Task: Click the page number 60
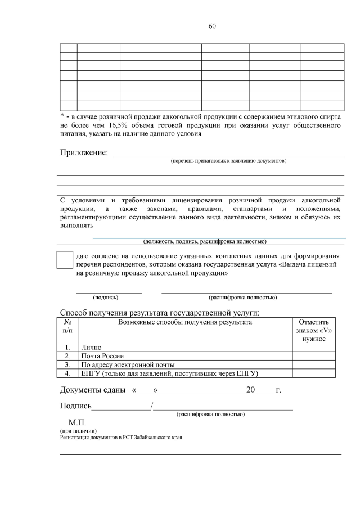pyautogui.click(x=212, y=26)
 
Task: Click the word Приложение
pyautogui.click(x=84, y=153)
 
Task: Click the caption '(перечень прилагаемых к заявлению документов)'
pyautogui.click(x=228, y=161)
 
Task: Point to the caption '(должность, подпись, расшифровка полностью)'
pyautogui.click(x=204, y=241)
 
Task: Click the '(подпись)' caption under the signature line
pyautogui.click(x=105, y=297)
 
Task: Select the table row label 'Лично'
pyautogui.click(x=91, y=348)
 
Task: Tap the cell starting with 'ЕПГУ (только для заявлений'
pyautogui.click(x=172, y=373)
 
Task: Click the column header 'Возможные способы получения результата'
pyautogui.click(x=185, y=322)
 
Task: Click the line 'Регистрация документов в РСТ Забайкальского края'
pyautogui.click(x=121, y=437)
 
